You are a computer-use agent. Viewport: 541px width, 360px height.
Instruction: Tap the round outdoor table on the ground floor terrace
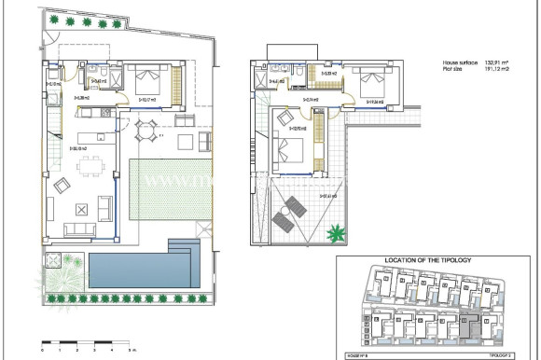click(146, 131)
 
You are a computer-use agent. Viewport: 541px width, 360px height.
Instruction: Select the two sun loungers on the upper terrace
click(287, 212)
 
